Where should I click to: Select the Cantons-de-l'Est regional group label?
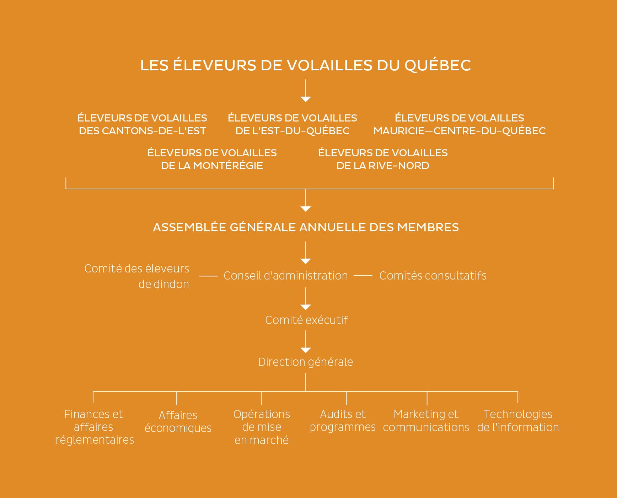pyautogui.click(x=142, y=124)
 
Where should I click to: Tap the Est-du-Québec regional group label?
pyautogui.click(x=293, y=124)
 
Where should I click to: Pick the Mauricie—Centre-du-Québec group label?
pyautogui.click(x=460, y=124)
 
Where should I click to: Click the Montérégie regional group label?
pyautogui.click(x=212, y=159)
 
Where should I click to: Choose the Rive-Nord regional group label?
pyautogui.click(x=383, y=159)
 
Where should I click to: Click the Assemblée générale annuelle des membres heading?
pyautogui.click(x=306, y=227)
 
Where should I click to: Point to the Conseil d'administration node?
pyautogui.click(x=286, y=276)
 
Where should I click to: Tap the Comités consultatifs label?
pyautogui.click(x=433, y=276)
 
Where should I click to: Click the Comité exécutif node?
pyautogui.click(x=306, y=320)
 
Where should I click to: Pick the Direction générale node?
pyautogui.click(x=306, y=362)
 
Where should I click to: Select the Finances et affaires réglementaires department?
pyautogui.click(x=95, y=427)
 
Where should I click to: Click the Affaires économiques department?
pyautogui.click(x=178, y=422)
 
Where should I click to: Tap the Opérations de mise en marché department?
pyautogui.click(x=262, y=427)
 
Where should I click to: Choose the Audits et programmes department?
pyautogui.click(x=343, y=421)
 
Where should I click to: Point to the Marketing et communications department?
pyautogui.click(x=426, y=421)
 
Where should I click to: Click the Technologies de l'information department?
pyautogui.click(x=518, y=421)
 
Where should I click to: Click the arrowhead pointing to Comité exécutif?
pyautogui.click(x=306, y=307)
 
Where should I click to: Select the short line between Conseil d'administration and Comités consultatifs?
pyautogui.click(x=363, y=276)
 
